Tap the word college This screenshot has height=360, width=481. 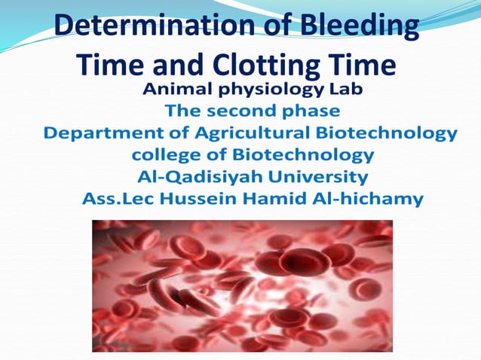(162, 157)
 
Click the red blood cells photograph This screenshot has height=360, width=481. (242, 285)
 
